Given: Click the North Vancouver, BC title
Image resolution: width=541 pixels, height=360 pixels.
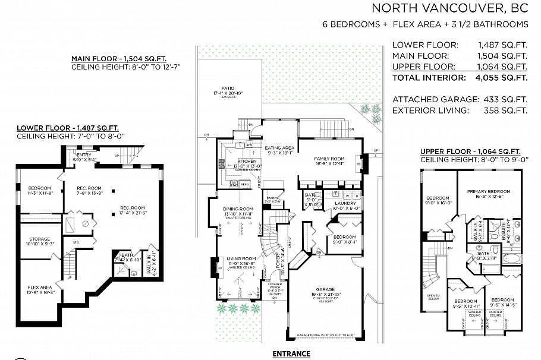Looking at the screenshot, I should click(449, 8).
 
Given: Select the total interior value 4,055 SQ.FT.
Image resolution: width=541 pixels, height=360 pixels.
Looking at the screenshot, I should click(503, 78).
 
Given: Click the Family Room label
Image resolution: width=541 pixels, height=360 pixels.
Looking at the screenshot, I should click(329, 159).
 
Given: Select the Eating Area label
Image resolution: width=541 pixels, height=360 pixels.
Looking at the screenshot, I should click(279, 148).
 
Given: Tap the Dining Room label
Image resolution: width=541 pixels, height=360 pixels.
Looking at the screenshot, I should click(238, 209).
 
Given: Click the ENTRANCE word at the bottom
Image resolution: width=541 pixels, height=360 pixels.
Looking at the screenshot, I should click(291, 354).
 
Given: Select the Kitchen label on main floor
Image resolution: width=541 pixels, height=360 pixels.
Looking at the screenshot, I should click(246, 162).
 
